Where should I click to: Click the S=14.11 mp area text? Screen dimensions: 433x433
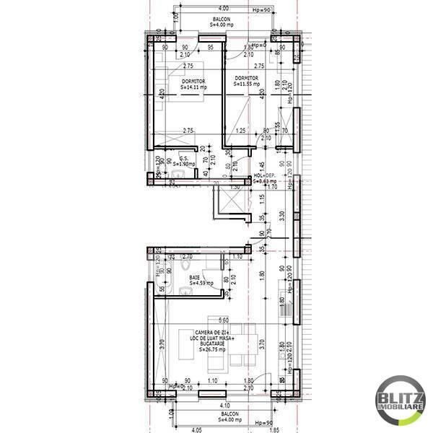tap(193, 87)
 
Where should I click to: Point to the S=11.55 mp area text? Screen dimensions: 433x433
tap(246, 84)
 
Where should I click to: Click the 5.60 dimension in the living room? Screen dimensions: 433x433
tap(223, 320)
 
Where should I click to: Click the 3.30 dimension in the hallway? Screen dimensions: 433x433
tap(282, 214)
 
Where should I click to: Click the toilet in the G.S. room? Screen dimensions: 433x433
tap(178, 174)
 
